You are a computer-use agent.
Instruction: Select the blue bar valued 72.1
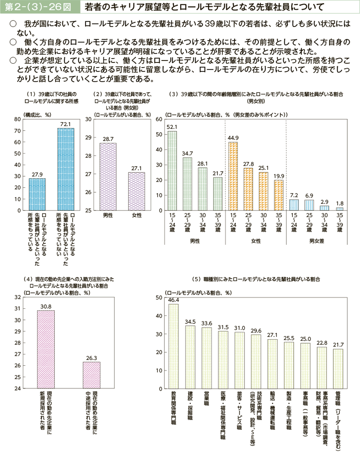pos(66,169)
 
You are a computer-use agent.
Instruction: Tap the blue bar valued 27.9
pos(37,194)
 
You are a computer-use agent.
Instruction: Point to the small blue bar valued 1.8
pos(340,209)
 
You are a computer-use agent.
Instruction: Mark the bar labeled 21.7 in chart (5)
pos(338,368)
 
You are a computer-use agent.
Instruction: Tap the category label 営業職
pos(206,399)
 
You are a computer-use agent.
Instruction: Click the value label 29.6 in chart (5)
pos(256,330)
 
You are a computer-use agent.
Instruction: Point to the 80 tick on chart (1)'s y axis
pos(17,119)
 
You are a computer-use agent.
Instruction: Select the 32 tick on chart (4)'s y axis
pos(17,297)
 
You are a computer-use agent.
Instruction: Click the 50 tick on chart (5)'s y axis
pos(159,298)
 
